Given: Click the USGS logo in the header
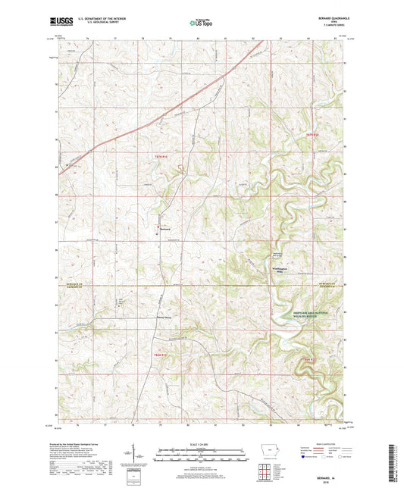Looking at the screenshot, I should pyautogui.click(x=62, y=23).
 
